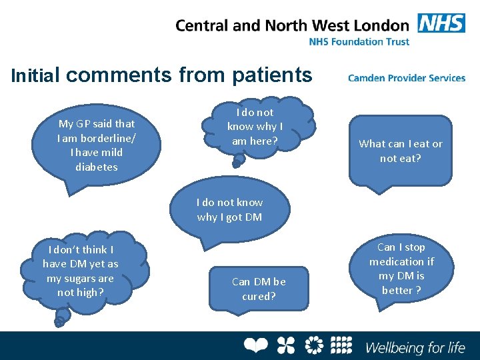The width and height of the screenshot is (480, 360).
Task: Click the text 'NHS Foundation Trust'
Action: point(359,41)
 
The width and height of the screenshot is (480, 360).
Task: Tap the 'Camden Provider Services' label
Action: point(406,78)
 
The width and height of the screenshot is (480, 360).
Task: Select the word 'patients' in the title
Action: point(272,75)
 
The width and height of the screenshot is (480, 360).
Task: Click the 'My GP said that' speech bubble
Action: point(97,145)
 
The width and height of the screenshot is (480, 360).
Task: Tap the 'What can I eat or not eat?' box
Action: point(400,151)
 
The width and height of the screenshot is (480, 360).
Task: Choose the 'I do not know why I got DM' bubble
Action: point(230,209)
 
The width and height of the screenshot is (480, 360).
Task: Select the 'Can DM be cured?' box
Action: point(259,288)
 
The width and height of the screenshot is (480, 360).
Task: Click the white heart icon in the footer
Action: point(255,345)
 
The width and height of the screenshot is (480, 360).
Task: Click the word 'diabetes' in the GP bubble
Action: point(97,167)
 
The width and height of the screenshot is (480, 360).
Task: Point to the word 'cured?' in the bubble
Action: point(259,296)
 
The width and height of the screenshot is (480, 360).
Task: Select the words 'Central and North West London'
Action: point(292,25)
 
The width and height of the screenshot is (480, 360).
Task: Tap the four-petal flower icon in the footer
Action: point(285,345)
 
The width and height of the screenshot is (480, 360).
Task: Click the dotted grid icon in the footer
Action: point(341,345)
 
